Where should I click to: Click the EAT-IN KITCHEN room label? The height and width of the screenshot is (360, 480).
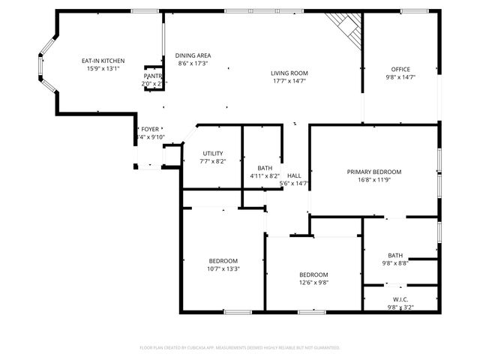point(103,61)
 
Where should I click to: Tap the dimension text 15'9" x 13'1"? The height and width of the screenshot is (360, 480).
point(103,69)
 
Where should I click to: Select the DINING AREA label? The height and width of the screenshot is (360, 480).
point(193,55)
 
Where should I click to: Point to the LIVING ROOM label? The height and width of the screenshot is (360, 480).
point(289,73)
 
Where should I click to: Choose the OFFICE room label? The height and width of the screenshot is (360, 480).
point(400,69)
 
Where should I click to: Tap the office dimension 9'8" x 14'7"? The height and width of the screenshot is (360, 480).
point(400,77)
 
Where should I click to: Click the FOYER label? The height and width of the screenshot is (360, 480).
point(150,129)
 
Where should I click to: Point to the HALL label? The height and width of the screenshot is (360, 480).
point(294,175)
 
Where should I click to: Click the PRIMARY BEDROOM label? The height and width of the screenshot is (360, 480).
point(373,172)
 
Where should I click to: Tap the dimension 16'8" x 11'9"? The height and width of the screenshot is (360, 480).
point(373,180)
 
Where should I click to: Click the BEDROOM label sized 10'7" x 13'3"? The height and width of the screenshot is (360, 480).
point(223,260)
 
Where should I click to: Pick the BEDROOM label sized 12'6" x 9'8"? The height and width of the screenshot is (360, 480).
point(313,274)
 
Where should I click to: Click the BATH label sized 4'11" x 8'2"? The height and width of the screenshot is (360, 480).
point(265,168)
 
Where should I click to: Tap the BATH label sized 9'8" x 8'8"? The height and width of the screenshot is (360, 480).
point(395,255)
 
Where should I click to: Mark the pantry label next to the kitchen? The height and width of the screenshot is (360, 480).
point(153,76)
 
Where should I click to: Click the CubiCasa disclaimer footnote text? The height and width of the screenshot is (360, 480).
point(240,347)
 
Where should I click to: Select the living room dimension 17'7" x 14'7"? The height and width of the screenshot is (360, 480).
point(289,81)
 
